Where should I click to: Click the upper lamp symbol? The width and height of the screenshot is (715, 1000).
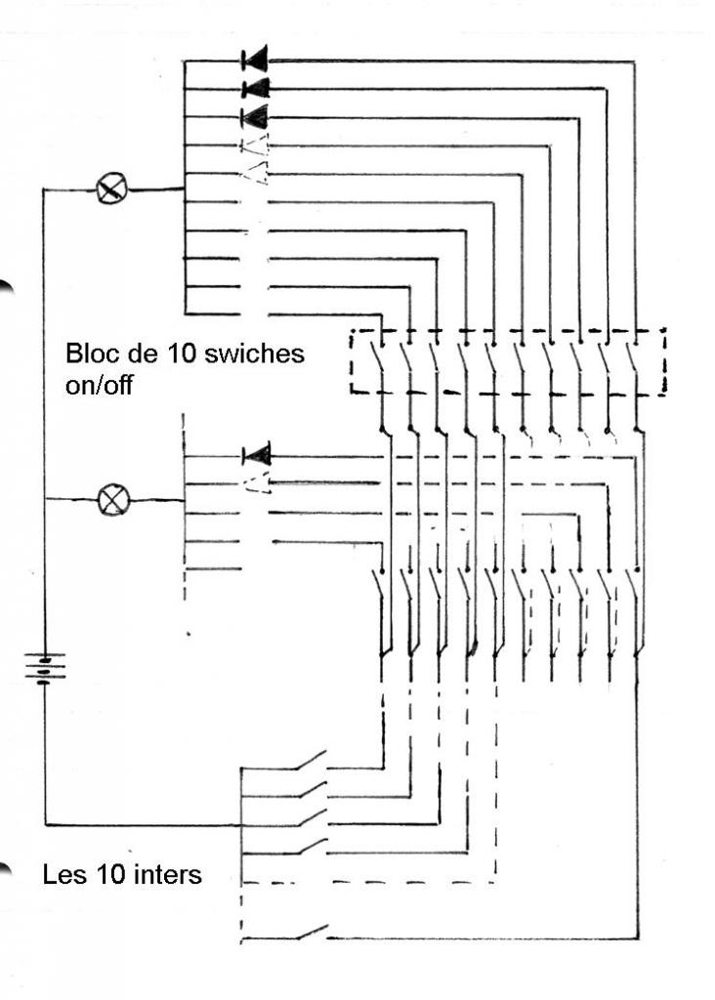pyautogui.click(x=111, y=188)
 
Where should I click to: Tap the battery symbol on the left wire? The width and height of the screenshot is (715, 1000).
pyautogui.click(x=46, y=668)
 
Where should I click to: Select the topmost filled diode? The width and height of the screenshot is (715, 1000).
pyautogui.click(x=255, y=61)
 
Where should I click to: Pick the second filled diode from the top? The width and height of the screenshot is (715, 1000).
pyautogui.click(x=255, y=89)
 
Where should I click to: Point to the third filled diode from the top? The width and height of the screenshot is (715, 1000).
pyautogui.click(x=255, y=117)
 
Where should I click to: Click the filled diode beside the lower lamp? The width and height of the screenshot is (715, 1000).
pyautogui.click(x=256, y=454)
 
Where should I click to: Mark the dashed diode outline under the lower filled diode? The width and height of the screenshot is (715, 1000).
pyautogui.click(x=256, y=482)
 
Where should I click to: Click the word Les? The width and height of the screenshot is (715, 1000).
pyautogui.click(x=62, y=874)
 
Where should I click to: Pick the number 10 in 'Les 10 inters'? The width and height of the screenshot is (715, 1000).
pyautogui.click(x=110, y=874)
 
